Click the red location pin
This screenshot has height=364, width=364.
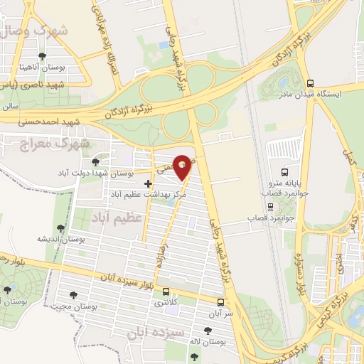(183, 167)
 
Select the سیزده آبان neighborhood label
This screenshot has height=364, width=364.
(155, 333)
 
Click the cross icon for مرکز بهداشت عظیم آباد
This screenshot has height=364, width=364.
(148, 183)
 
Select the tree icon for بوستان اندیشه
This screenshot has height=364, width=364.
(60, 228)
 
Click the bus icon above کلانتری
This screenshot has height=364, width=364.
(166, 291)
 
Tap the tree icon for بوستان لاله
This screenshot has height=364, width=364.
(208, 331)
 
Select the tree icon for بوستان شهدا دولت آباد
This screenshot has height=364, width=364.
(95, 162)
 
